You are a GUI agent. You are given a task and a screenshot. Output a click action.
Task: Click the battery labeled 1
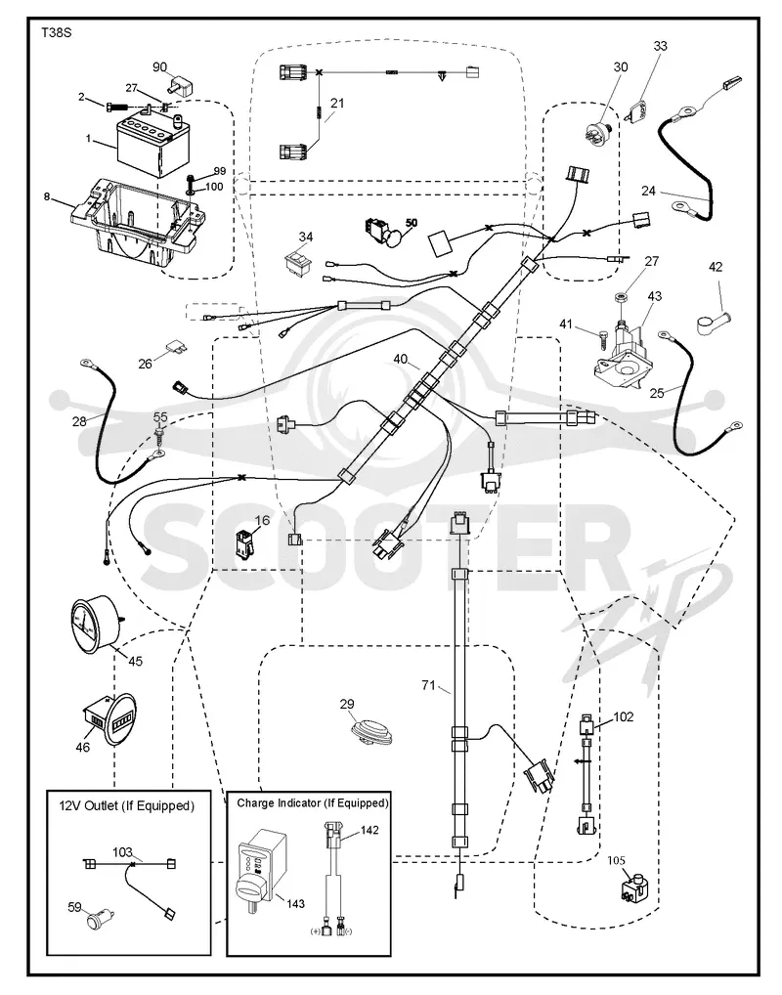pos(147,144)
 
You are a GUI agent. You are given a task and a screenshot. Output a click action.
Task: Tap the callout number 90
pos(160,67)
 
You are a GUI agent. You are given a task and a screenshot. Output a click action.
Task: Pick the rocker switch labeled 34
pos(298,261)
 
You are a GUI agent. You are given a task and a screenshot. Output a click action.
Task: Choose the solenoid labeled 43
pos(622,352)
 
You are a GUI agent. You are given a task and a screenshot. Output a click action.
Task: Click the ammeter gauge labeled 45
pos(94,626)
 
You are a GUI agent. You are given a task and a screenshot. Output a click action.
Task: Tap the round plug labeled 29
pos(372,730)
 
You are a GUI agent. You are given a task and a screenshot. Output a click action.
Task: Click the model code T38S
pos(56,32)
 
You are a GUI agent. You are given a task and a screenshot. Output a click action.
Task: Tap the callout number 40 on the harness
pos(401,359)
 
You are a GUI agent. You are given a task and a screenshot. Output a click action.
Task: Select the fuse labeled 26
pos(174,348)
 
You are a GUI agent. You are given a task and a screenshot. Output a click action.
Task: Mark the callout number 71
pos(429,685)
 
